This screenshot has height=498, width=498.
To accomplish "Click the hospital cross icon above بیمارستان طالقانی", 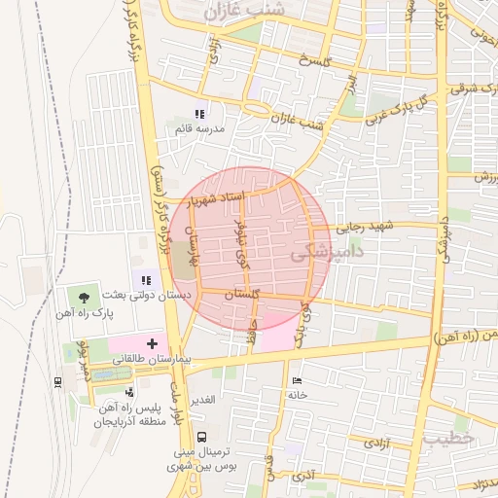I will tap(152, 343).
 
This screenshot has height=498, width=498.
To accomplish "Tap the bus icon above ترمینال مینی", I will tap(201, 438).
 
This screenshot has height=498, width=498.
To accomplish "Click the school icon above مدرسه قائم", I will tap(200, 114).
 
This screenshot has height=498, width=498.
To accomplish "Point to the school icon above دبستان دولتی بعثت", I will tap(146, 279).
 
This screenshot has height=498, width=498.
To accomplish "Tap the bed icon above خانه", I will tap(297, 380).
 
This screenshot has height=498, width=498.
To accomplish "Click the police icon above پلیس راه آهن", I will tap(129, 392).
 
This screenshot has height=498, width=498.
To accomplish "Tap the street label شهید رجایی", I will tap(365, 228).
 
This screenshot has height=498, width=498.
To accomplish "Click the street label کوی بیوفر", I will tap(239, 244).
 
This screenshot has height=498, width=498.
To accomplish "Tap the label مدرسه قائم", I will tap(200, 128).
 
